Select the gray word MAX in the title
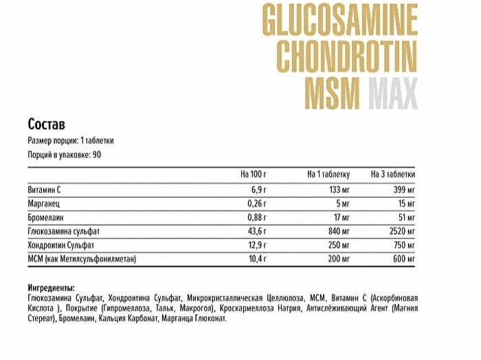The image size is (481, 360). coord(392,95)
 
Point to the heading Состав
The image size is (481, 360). coord(47,124)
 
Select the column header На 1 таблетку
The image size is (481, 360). coord(328,174)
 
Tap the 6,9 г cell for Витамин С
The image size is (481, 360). coord(256,189)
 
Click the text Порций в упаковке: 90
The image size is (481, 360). coord(65,155)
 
